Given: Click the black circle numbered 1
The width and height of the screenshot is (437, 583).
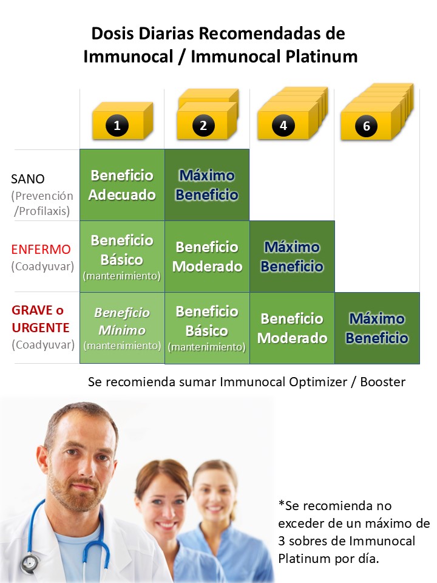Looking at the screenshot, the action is tap(117, 125).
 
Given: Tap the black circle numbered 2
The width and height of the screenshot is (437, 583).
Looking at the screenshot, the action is tap(203, 125).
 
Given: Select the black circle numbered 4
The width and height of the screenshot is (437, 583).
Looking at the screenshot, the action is tap(283, 125).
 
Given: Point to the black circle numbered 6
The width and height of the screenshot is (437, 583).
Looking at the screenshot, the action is tap(367, 126).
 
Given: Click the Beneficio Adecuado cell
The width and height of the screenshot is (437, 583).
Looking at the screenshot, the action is tap(122, 185).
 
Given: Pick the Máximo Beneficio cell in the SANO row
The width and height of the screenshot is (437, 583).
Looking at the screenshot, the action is tap(207, 185).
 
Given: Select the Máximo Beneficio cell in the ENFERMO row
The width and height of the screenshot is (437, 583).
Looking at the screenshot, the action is tap(292, 256).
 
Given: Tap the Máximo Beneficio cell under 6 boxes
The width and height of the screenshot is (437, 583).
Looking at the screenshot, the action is tap(377, 328).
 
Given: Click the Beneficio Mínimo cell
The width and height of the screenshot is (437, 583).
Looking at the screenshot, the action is tap(122, 327).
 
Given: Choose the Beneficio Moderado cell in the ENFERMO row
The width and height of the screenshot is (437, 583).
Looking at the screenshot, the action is tap(207, 256).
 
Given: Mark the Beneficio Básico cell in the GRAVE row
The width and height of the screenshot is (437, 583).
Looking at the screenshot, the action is tap(207, 328).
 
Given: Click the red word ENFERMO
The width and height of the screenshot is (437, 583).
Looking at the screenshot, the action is tap(41, 249).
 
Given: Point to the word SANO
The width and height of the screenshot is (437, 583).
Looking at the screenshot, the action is tap(28, 179).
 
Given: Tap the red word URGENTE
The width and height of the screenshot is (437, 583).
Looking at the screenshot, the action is tap(41, 327).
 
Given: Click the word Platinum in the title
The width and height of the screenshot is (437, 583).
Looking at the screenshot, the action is tap(322, 57).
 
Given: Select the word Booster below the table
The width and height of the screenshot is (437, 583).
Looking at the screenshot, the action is tap(383, 382).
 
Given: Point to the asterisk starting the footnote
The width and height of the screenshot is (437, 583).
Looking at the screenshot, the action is tap(281, 503).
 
